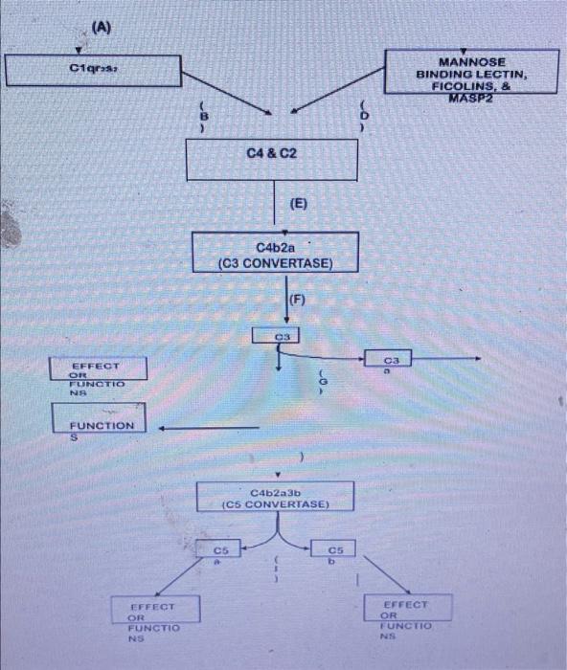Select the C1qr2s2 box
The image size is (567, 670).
[x=93, y=71]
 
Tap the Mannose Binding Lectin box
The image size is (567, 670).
[x=472, y=72]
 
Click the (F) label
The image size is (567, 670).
[x=297, y=299]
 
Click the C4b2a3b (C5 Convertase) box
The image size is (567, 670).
[x=276, y=497]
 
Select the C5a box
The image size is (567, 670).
[x=221, y=552]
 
